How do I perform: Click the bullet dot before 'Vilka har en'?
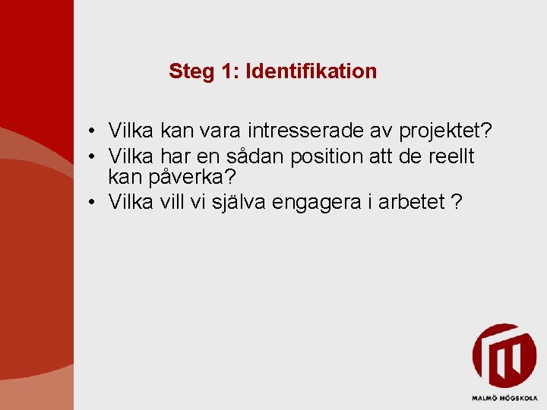(90, 156)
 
